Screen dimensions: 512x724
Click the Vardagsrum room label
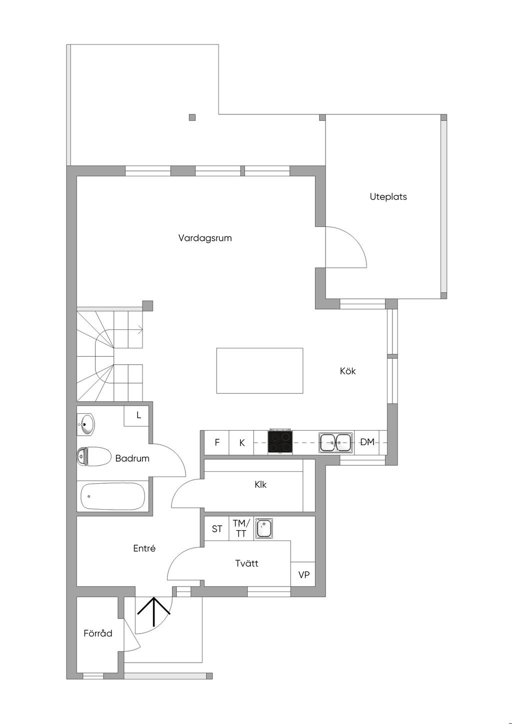coord(205,238)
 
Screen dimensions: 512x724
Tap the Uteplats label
coord(388,197)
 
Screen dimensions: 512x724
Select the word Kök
coord(347,371)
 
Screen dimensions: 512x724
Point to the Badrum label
coord(132,458)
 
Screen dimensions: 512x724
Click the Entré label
coord(144,548)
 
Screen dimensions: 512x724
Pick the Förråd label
coord(98,633)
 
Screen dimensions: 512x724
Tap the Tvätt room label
coord(247,564)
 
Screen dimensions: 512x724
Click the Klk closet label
coord(260,484)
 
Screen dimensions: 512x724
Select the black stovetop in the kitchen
coord(280,442)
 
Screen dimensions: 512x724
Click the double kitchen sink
coord(336,442)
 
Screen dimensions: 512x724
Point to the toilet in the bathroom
coord(94,456)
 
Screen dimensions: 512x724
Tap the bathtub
coord(113,496)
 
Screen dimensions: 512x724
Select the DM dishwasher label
coord(367,442)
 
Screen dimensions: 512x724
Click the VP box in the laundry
coord(303,575)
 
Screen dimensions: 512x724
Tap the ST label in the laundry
coord(217,529)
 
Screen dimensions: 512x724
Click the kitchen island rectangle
coord(259,370)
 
